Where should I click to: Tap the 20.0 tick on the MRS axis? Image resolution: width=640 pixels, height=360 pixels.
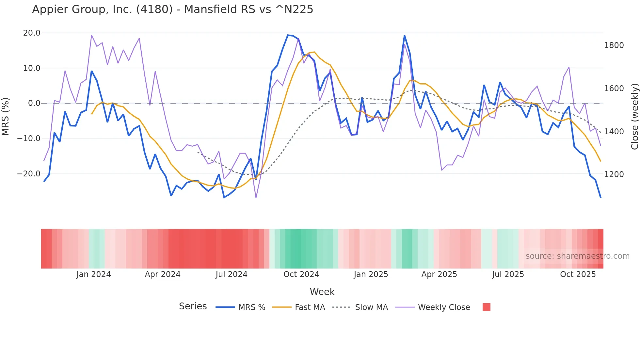pyautogui.click(x=32, y=33)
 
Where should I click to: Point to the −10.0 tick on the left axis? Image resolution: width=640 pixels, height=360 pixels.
pyautogui.click(x=29, y=139)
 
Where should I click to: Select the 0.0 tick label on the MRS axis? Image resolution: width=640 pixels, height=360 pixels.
pyautogui.click(x=34, y=103)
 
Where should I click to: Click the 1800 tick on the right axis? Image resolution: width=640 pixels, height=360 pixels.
pyautogui.click(x=614, y=45)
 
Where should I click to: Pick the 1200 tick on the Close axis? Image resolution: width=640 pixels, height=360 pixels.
pyautogui.click(x=614, y=174)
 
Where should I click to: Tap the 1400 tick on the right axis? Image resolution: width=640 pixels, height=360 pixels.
pyautogui.click(x=614, y=132)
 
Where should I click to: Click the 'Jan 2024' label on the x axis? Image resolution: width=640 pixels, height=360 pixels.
pyautogui.click(x=94, y=274)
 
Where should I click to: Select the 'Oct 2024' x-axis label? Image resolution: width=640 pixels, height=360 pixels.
pyautogui.click(x=301, y=274)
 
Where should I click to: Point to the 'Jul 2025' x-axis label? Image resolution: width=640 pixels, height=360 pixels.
pyautogui.click(x=508, y=274)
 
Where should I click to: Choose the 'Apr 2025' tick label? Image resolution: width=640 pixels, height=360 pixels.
pyautogui.click(x=439, y=274)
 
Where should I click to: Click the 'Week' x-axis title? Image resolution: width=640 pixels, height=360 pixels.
pyautogui.click(x=322, y=292)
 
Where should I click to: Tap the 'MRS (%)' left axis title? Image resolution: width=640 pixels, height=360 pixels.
pyautogui.click(x=6, y=116)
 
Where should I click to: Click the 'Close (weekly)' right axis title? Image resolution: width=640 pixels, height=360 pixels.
pyautogui.click(x=634, y=117)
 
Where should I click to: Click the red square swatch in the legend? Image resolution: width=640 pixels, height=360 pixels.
pyautogui.click(x=487, y=307)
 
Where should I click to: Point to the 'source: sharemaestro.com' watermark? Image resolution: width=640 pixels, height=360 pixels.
pyautogui.click(x=577, y=256)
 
